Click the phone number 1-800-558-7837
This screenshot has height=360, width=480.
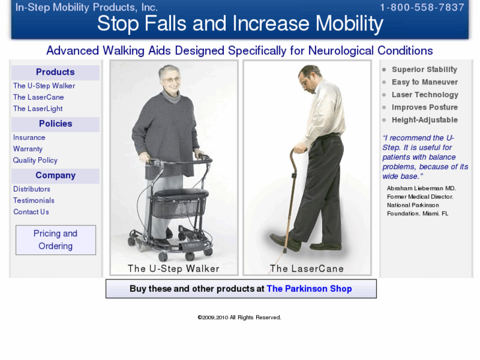422,8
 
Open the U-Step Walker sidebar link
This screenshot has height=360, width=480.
44,86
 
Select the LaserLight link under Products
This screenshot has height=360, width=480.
38,108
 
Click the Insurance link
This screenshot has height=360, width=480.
29,137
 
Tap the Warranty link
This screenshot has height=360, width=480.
28,149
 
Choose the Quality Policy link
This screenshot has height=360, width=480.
35,160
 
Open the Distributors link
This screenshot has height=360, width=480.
32,189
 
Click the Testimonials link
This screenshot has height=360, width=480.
34,200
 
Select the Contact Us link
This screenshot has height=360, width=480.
31,211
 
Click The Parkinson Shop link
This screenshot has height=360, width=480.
309,289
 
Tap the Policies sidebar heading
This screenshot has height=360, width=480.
55,124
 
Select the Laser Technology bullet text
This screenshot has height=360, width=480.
425,94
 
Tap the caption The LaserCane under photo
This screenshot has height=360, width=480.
306,269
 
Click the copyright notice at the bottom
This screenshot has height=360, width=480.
239,317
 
